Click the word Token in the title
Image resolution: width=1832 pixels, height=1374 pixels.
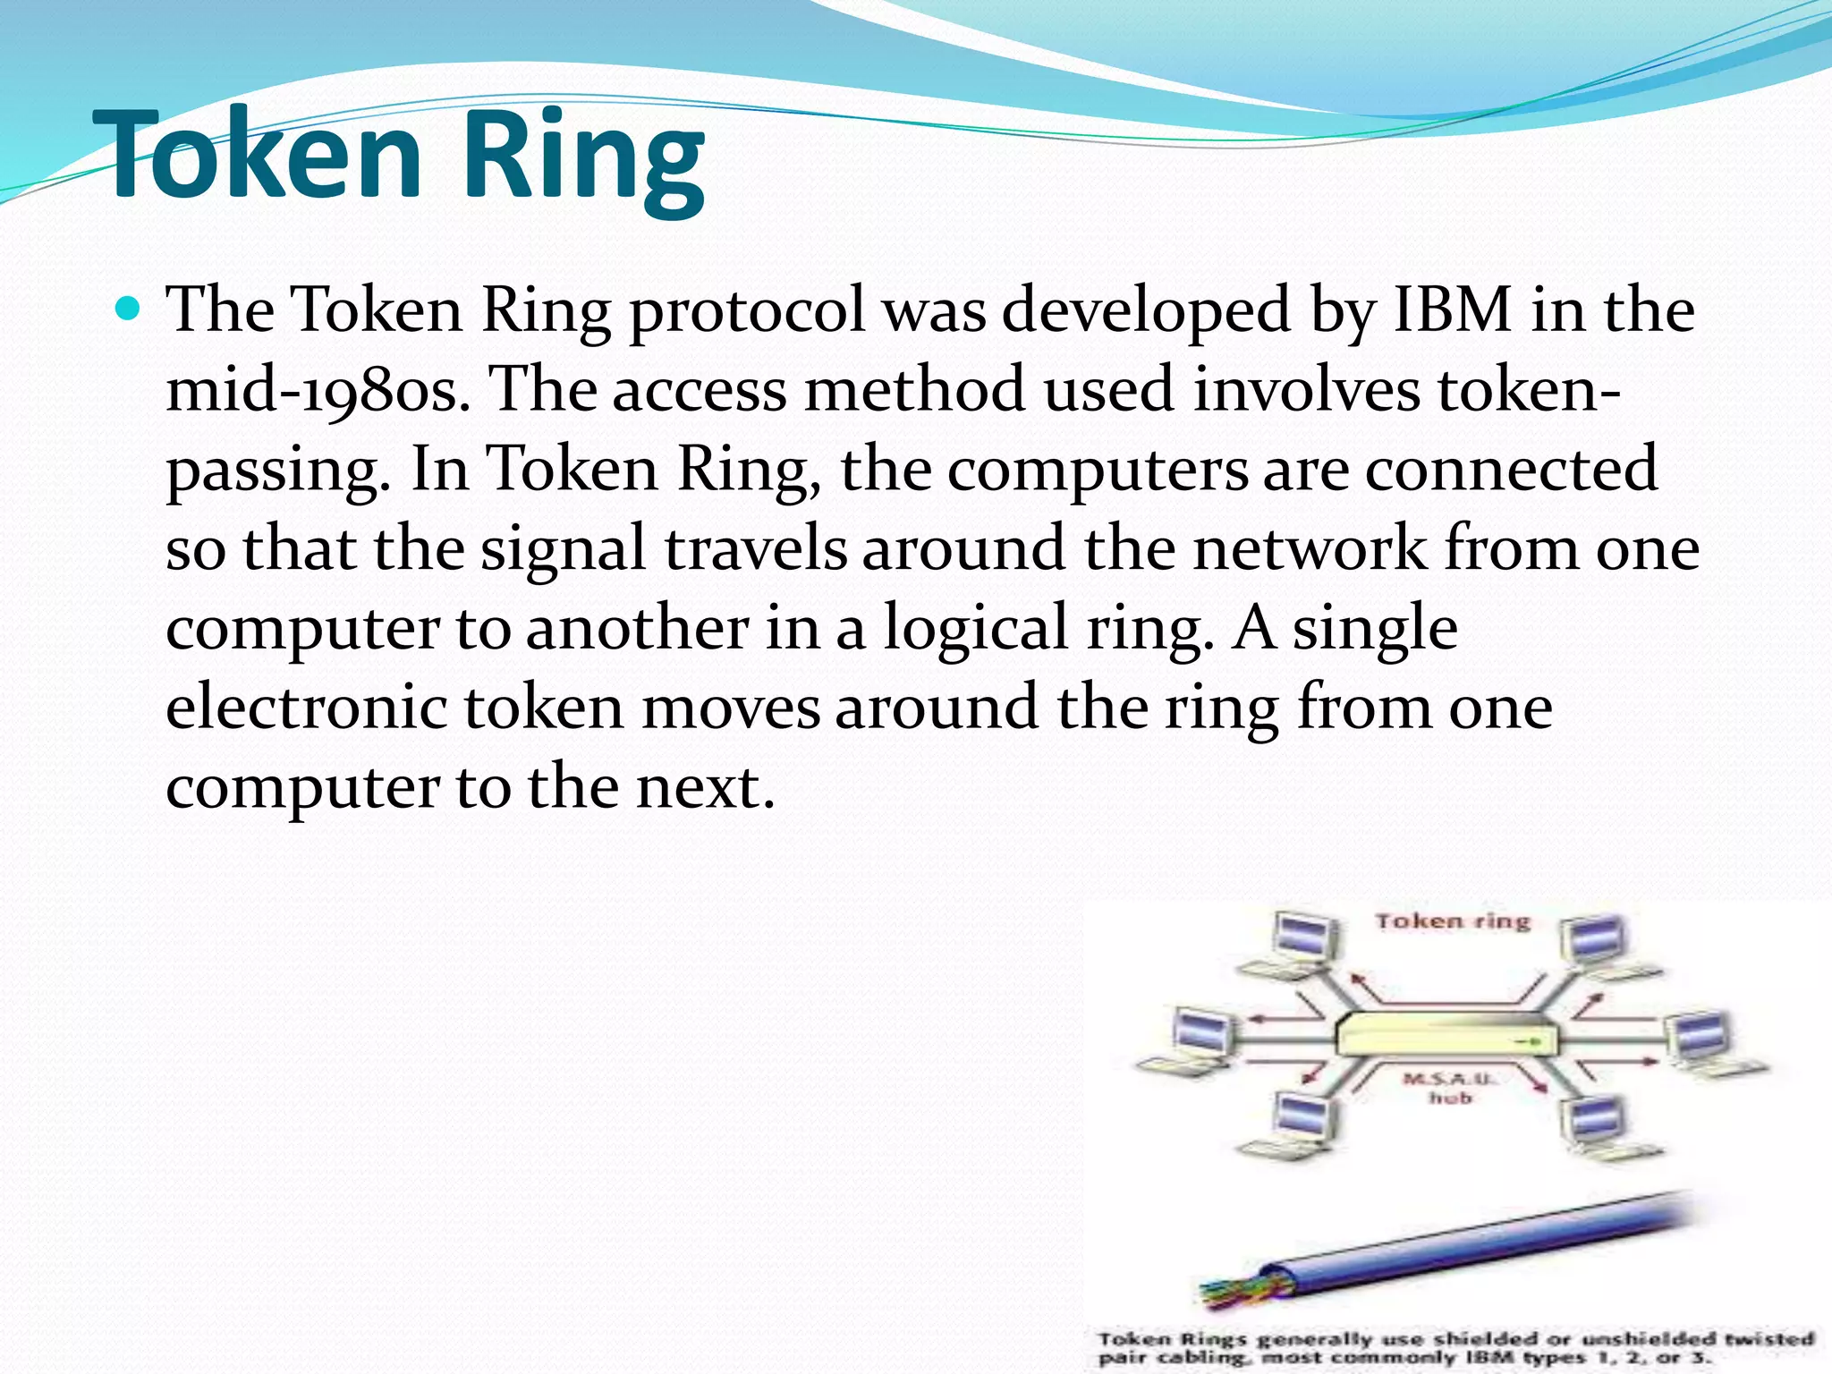[259, 154]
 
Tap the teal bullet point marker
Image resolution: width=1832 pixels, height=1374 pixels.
[129, 310]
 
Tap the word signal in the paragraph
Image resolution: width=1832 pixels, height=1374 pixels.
[563, 549]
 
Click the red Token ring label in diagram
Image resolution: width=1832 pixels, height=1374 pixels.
[1453, 921]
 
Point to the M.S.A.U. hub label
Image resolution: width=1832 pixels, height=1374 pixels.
[1449, 1088]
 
